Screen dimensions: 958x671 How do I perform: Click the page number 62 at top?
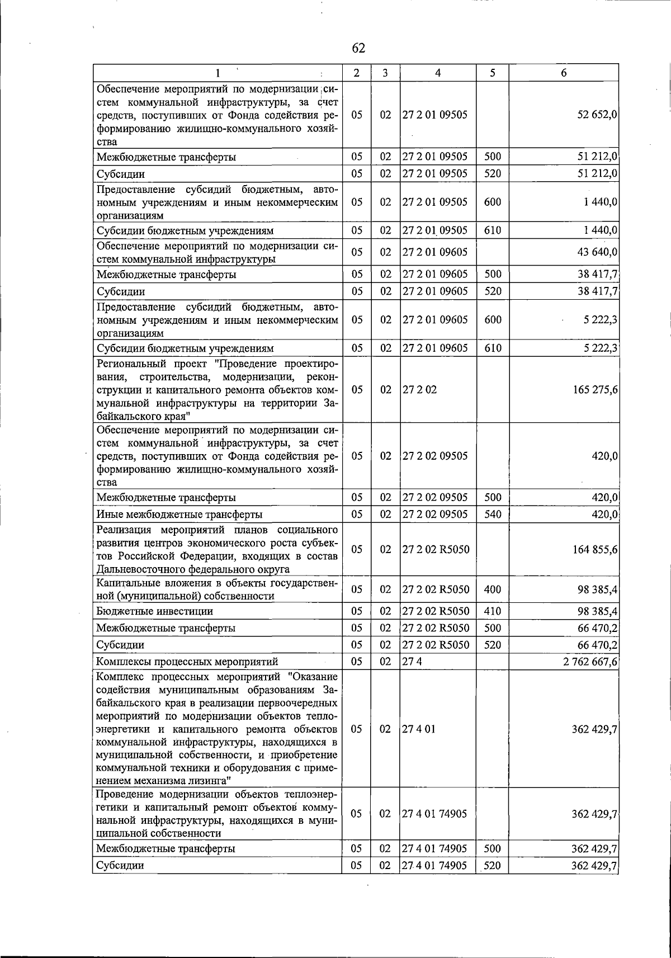358,49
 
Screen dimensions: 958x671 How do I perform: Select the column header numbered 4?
438,73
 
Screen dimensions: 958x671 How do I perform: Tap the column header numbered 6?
564,73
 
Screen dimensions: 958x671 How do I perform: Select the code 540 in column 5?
492,515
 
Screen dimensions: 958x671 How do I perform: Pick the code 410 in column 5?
492,611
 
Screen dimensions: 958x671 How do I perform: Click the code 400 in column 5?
492,589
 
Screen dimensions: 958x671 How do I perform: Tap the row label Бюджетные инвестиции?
154,611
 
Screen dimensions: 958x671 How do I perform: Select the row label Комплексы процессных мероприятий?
187,662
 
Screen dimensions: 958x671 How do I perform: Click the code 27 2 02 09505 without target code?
435,456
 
